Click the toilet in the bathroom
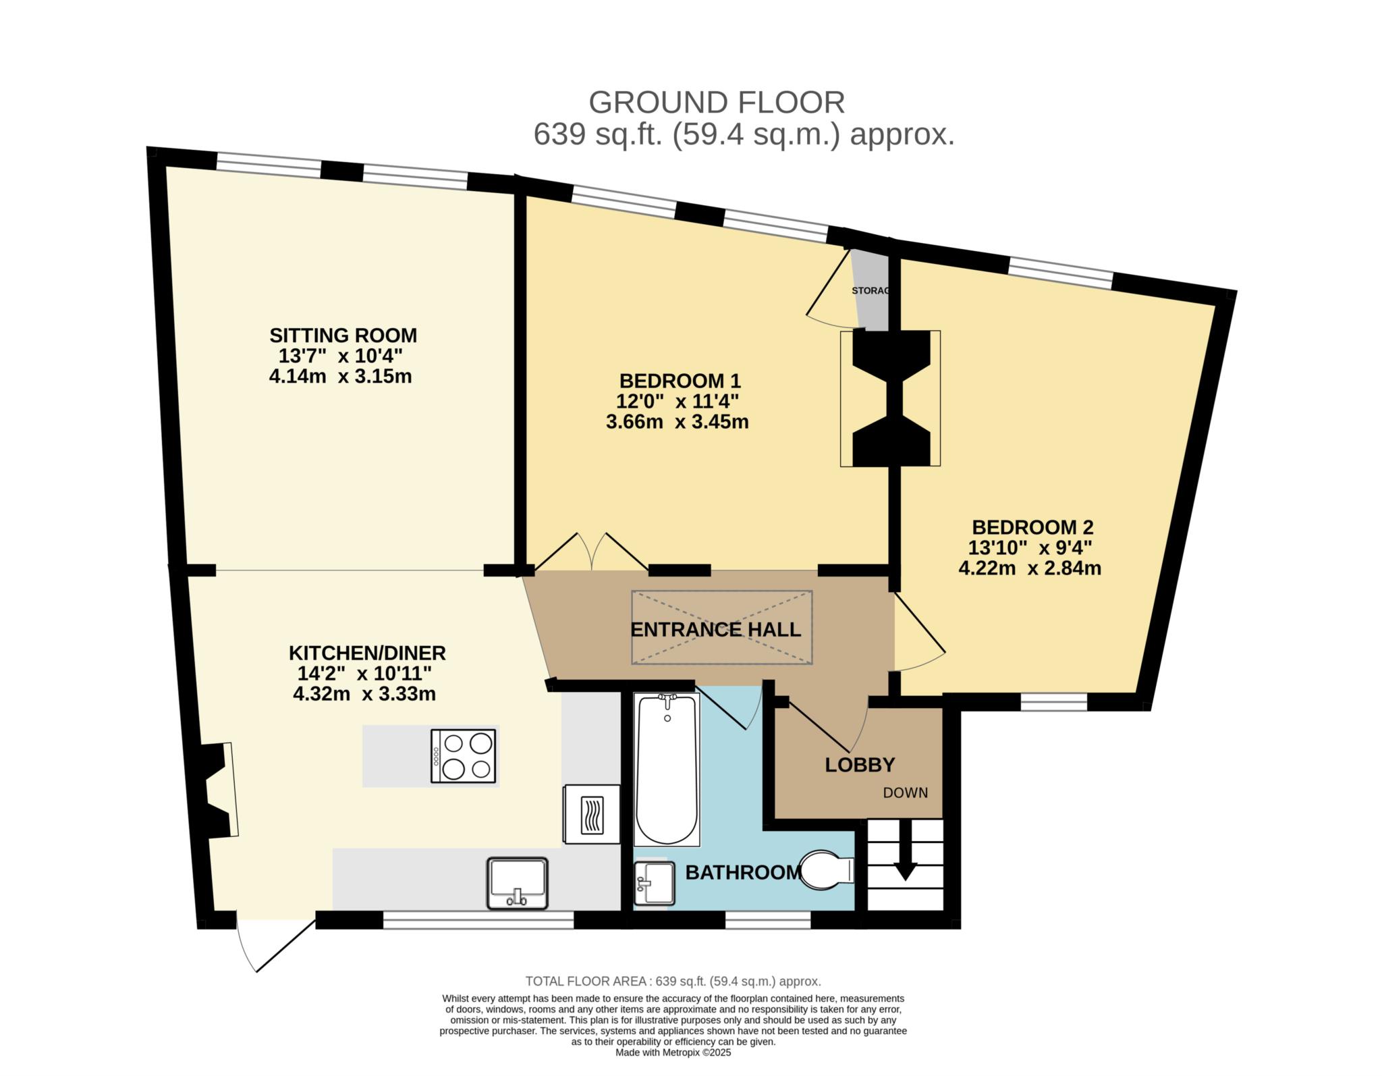(827, 869)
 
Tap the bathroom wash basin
(655, 882)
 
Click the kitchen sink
(517, 884)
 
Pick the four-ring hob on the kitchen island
(464, 756)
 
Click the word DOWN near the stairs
(906, 793)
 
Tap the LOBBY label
(860, 765)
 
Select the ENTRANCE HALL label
(715, 630)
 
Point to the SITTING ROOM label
(343, 335)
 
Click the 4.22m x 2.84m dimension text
(1030, 568)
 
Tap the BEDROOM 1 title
(677, 381)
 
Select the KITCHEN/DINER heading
(367, 653)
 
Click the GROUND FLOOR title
(717, 103)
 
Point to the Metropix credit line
(673, 1052)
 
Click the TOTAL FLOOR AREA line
(673, 981)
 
